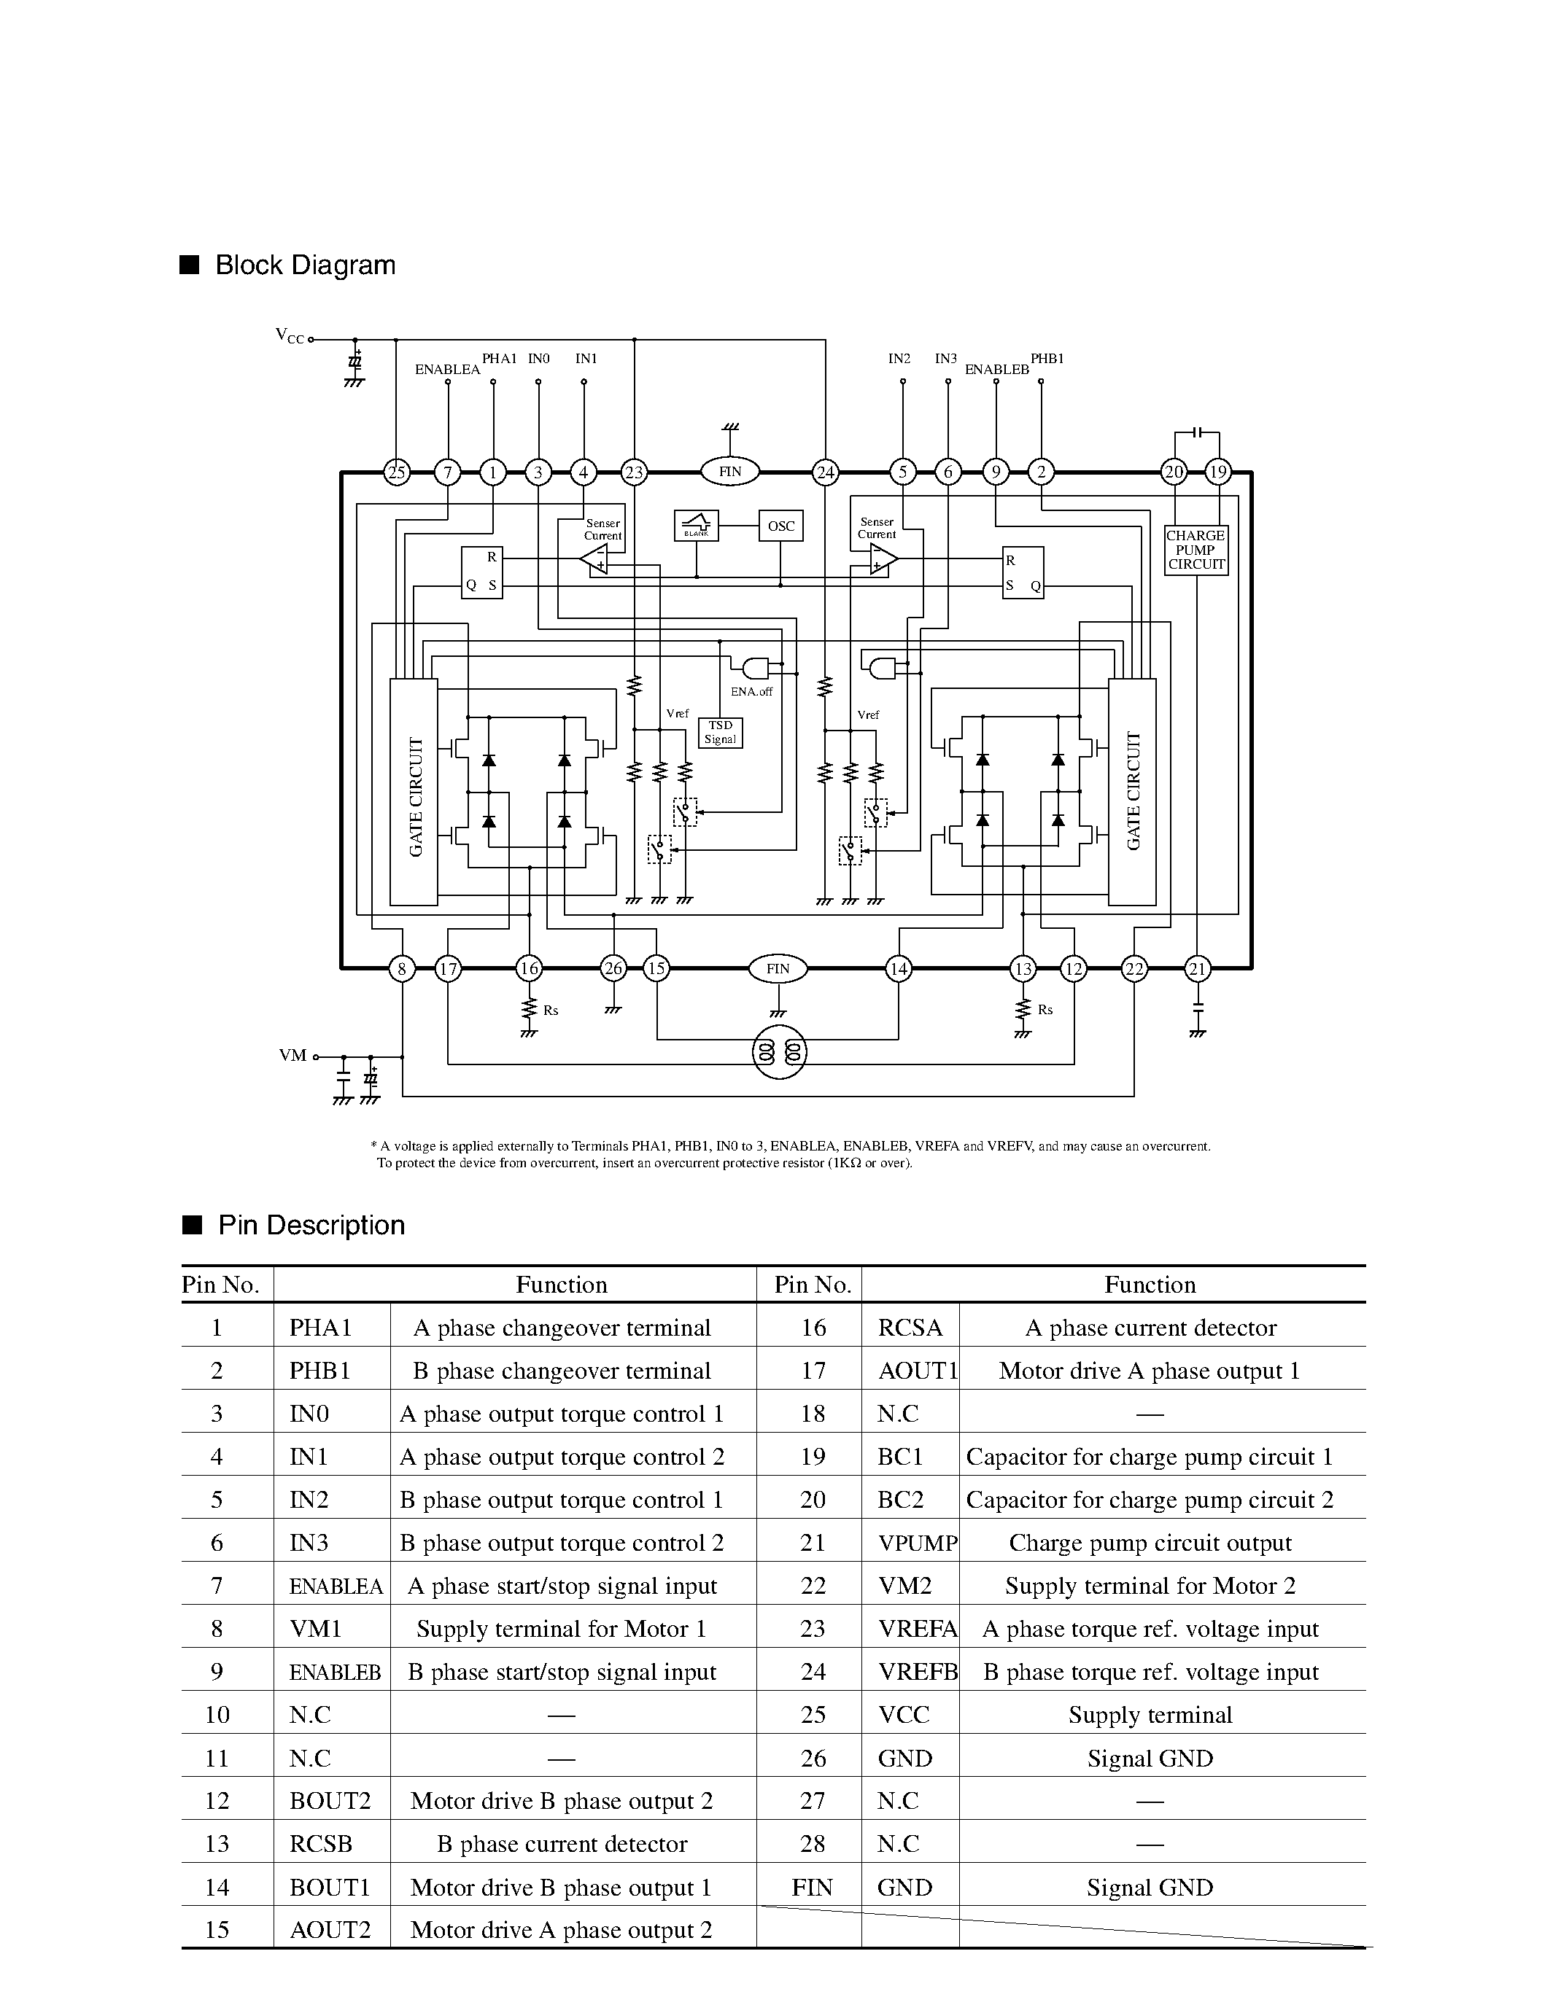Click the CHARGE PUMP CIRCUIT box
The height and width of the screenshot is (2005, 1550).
coord(1196,550)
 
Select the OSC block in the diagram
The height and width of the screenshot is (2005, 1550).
coord(780,526)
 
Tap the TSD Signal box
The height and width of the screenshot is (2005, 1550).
coord(720,732)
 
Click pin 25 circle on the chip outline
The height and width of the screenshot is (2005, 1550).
coord(396,472)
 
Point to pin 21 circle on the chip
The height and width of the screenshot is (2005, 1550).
coord(1196,968)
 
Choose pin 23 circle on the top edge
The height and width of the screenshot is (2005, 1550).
coord(634,472)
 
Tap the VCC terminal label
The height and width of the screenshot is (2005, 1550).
coord(290,336)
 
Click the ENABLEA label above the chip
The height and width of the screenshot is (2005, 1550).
coord(447,370)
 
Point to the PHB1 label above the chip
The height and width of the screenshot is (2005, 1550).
coord(1047,359)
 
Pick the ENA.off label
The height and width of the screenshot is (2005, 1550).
coord(751,691)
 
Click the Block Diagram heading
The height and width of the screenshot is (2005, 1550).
coord(305,265)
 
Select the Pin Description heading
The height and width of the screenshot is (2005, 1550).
coord(311,1226)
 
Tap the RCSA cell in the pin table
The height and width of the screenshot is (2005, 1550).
coord(910,1328)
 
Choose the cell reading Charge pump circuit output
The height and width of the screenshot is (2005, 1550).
coord(1150,1543)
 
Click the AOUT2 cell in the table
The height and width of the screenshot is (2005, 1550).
coord(330,1930)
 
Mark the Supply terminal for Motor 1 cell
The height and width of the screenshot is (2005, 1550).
coord(561,1629)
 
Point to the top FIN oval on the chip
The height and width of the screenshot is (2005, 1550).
coord(730,472)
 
